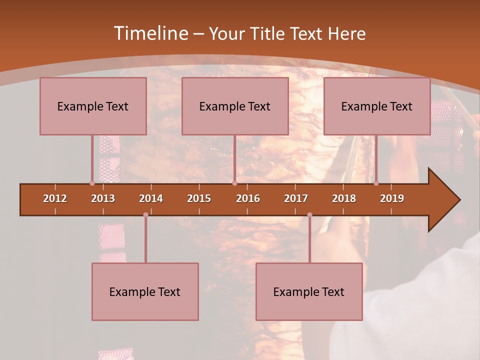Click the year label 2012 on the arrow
pos(55,198)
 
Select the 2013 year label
pos(103,198)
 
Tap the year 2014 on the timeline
pos(151,198)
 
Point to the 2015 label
pos(199,198)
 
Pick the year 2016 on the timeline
pos(248,198)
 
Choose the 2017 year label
pos(296,198)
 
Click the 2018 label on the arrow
pos(344,198)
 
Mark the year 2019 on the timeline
pos(392,198)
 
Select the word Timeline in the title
pos(150,33)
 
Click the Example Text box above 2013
pos(93,106)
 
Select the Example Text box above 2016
pos(235,106)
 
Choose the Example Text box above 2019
pos(377,106)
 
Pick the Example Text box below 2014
pos(145,291)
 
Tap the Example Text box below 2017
pos(309,291)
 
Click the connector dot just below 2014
pos(145,215)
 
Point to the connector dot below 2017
pos(309,215)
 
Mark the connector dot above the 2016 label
pos(234,183)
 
